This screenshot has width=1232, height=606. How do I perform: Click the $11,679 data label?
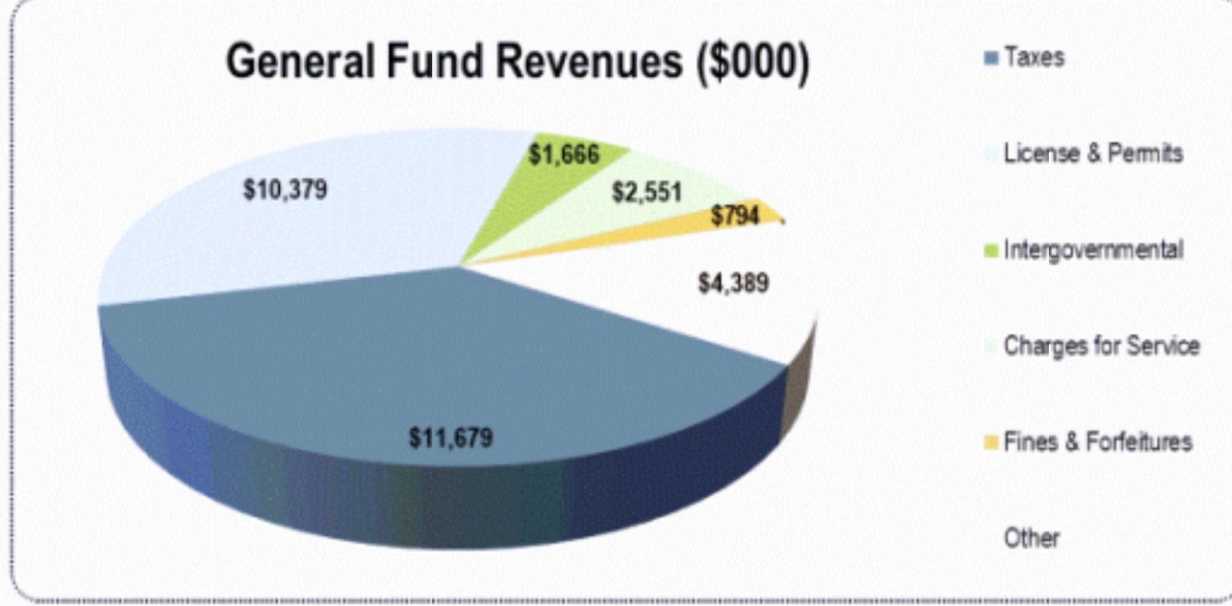[451, 438]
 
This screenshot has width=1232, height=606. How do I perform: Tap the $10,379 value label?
[285, 190]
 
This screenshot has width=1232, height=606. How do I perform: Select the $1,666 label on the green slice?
[564, 155]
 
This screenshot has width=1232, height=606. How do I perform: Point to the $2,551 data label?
[646, 192]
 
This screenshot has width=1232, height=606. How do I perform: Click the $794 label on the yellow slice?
[734, 215]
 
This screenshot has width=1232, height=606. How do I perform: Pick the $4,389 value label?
[733, 283]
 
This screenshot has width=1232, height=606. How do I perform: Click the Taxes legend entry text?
[1033, 58]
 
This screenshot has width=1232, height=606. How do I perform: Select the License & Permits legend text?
[1093, 153]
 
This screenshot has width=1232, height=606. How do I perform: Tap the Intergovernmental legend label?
[1093, 250]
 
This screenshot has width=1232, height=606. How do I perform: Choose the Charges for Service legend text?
[1101, 345]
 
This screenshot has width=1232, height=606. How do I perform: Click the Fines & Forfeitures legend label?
[1097, 442]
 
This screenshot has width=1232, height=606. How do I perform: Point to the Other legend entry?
[1031, 538]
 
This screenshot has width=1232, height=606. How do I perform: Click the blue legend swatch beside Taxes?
[991, 58]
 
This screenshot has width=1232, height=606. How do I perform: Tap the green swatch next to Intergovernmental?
[991, 250]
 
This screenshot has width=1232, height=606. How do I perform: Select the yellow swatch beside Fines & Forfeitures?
[991, 443]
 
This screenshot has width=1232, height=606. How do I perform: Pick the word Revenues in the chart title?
[590, 61]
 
